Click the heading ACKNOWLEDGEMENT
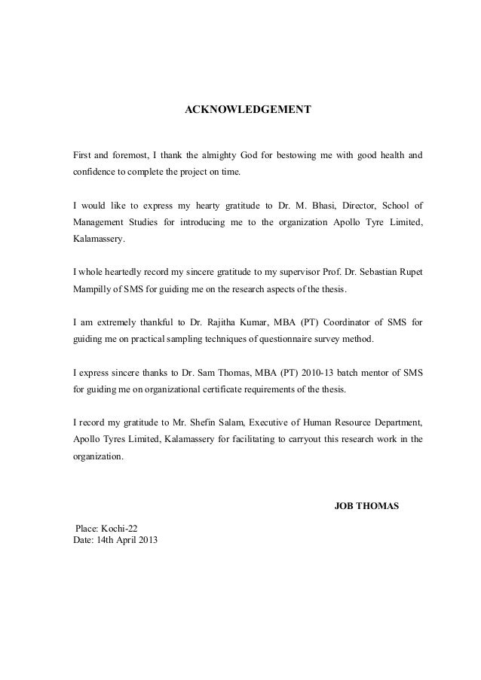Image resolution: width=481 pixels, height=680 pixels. coord(248,110)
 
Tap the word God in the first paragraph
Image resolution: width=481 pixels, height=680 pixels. coord(248,156)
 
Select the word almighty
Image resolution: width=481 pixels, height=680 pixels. coord(214,156)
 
